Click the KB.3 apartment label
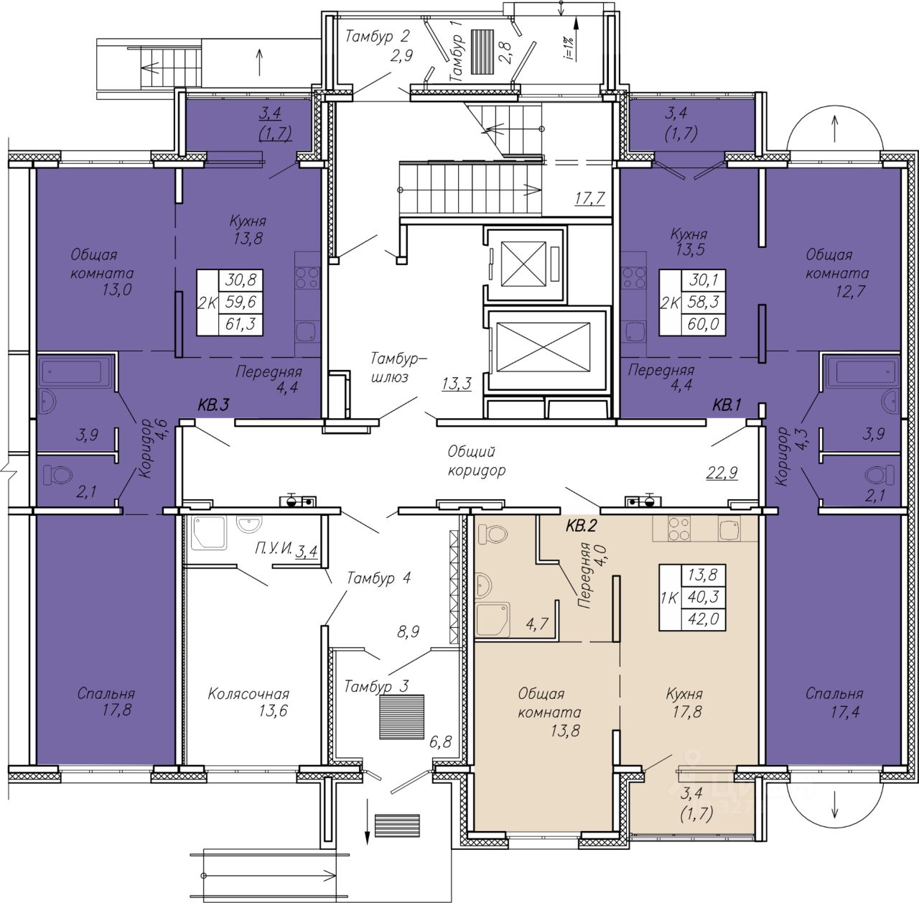pyautogui.click(x=214, y=405)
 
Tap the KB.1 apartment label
pyautogui.click(x=727, y=406)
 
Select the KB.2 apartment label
pyautogui.click(x=582, y=527)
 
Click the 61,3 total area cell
pyautogui.click(x=241, y=324)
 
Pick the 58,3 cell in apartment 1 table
pyautogui.click(x=704, y=302)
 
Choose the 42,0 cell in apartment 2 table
pyautogui.click(x=704, y=619)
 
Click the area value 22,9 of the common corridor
pyautogui.click(x=723, y=473)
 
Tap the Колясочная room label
pyautogui.click(x=248, y=693)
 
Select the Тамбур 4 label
pyautogui.click(x=378, y=578)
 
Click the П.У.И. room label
pyautogui.click(x=274, y=549)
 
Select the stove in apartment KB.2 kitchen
pyautogui.click(x=679, y=529)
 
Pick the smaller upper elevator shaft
pyautogui.click(x=523, y=264)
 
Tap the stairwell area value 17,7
pyautogui.click(x=590, y=196)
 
